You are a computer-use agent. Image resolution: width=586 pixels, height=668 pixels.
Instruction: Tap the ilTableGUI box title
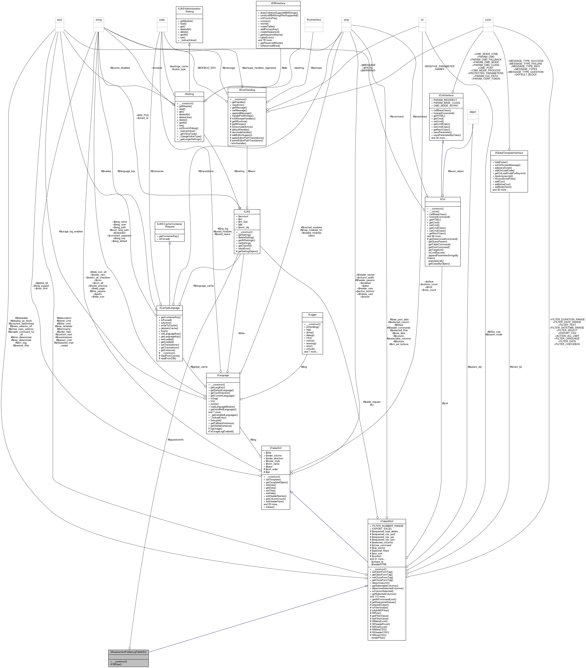(276, 448)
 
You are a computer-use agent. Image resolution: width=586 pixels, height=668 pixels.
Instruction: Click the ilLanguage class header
(223, 375)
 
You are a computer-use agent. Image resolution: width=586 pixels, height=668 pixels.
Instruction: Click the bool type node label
(60, 20)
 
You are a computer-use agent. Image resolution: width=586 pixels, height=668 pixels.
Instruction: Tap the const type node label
(488, 20)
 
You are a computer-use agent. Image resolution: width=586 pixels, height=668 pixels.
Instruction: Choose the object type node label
(473, 112)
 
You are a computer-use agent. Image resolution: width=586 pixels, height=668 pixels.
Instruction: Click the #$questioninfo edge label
(175, 440)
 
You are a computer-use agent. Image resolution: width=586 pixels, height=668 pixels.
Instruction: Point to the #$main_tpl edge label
(516, 367)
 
